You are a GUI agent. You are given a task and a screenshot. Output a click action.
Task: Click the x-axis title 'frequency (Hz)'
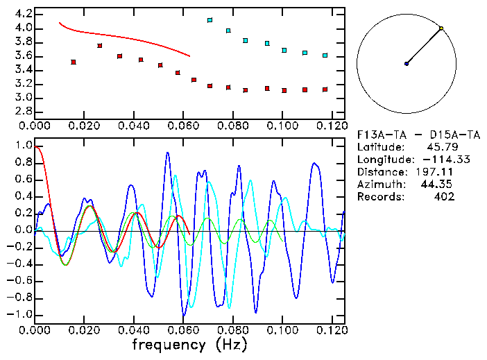pos(189,345)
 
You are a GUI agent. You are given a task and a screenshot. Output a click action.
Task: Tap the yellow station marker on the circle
pos(441,28)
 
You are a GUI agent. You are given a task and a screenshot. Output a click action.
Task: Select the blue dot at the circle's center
pos(407,64)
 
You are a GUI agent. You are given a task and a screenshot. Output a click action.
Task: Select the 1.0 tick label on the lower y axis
pos(23,146)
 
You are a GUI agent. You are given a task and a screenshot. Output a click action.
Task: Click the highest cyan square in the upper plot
pos(210,20)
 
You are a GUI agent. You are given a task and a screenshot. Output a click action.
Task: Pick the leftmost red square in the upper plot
pos(73,62)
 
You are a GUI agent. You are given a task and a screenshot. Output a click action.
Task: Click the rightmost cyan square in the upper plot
pos(325,55)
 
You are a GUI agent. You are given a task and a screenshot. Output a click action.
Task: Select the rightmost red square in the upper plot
pos(325,89)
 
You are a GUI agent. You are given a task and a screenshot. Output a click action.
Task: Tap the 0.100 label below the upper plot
pos(282,126)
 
